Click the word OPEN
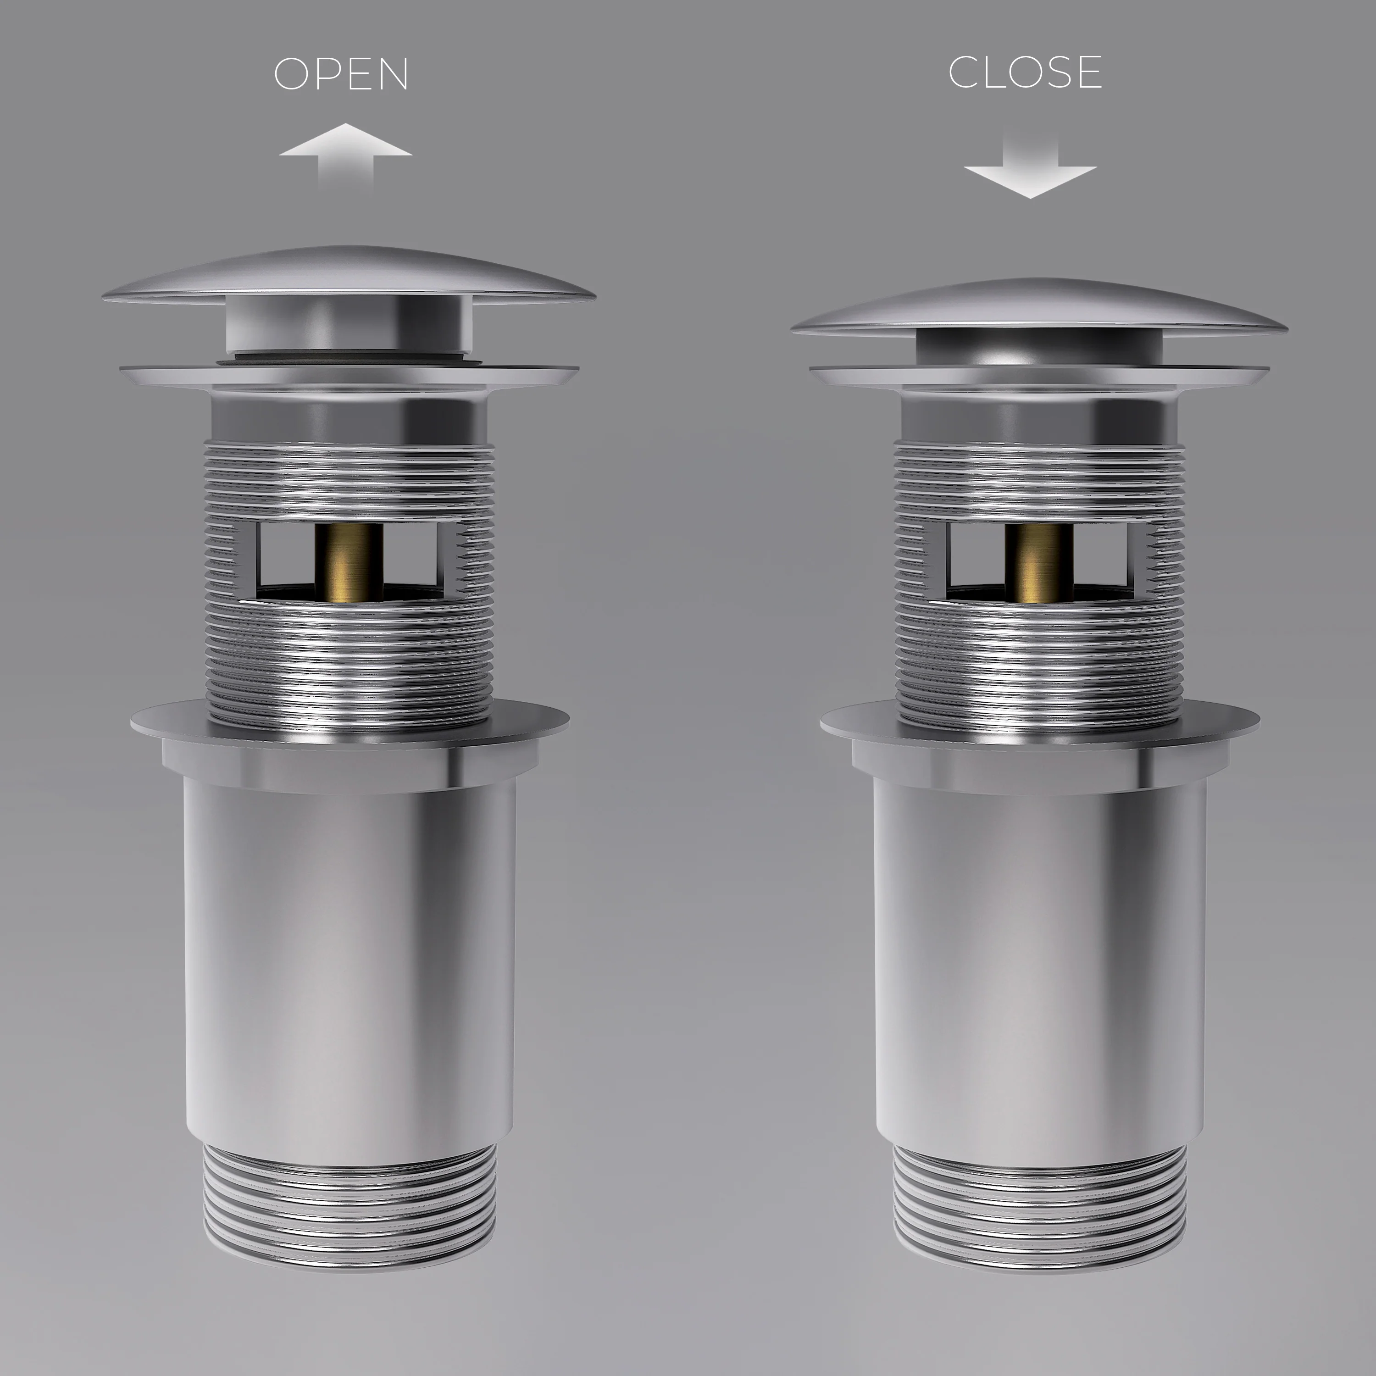(341, 74)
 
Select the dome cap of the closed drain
(1039, 306)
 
